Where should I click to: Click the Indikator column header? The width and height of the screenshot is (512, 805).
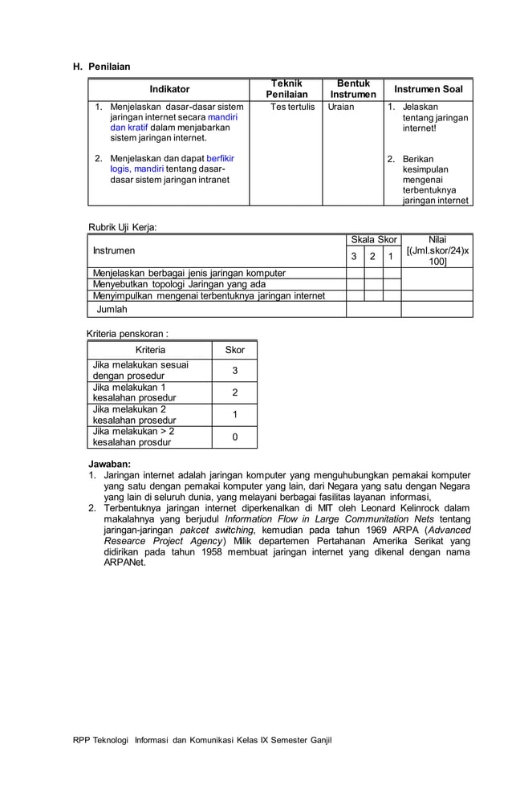pos(169,89)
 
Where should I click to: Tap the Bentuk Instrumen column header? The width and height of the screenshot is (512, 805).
pos(353,89)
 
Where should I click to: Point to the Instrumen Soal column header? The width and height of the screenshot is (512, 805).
pos(428,89)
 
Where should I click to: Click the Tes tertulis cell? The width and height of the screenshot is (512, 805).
pos(292,107)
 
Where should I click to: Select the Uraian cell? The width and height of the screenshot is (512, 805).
pos(341,107)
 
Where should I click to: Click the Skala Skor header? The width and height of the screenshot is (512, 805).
pos(373,240)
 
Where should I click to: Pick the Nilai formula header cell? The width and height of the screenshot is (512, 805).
pos(437,251)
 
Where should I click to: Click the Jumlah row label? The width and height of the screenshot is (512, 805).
pos(112,308)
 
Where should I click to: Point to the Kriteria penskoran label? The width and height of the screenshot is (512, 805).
pos(128,333)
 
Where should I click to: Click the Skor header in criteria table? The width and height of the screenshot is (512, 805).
pos(234,350)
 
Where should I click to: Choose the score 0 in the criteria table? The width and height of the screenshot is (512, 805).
pos(234,437)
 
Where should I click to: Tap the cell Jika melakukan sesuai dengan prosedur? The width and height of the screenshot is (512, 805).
pos(140,370)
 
